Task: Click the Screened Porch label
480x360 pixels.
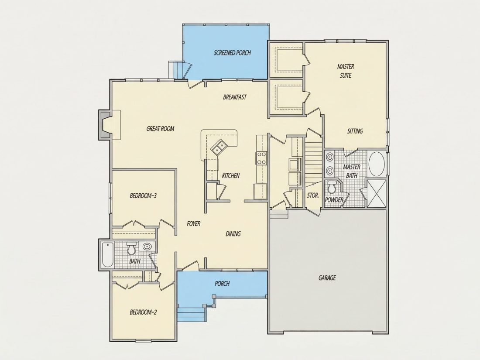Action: (x=232, y=53)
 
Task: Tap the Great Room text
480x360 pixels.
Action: (x=161, y=129)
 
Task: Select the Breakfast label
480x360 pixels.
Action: (x=235, y=97)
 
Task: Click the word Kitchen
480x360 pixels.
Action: (x=231, y=176)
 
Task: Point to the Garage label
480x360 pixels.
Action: (x=327, y=278)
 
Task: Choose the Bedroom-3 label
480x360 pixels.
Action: (x=143, y=195)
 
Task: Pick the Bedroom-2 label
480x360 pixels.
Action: (x=143, y=312)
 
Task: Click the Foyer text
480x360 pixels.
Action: (x=193, y=224)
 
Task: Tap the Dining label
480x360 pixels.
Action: (x=233, y=234)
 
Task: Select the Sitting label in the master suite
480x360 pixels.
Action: (x=355, y=131)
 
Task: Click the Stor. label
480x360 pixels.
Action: (x=313, y=195)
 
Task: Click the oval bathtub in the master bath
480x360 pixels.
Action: (x=377, y=164)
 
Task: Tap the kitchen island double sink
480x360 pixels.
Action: (x=219, y=146)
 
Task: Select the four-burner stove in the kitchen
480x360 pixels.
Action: (x=261, y=158)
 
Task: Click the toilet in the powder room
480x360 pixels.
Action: (x=331, y=187)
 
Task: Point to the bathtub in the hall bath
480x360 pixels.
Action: (x=107, y=255)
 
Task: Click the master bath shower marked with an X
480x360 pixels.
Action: (x=376, y=194)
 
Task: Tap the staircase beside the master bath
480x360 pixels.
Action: (x=313, y=161)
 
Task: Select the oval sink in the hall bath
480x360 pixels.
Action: (x=147, y=246)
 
